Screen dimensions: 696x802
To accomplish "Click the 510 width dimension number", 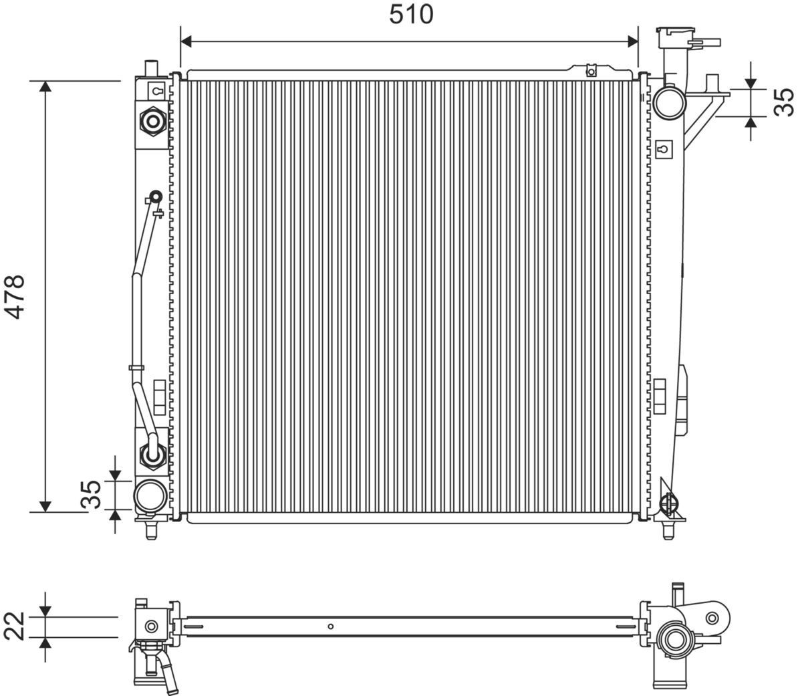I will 411,14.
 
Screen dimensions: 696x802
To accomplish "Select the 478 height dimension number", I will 15,296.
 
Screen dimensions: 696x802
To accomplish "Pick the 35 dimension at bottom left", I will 92,495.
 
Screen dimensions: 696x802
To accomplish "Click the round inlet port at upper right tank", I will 669,102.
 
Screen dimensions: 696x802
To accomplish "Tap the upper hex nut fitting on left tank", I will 153,121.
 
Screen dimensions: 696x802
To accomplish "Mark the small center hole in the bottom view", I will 330,626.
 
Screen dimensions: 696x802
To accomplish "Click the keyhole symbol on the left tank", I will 156,91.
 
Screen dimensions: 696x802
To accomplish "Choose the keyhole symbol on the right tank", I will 663,148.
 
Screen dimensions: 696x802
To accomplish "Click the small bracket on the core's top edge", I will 590,70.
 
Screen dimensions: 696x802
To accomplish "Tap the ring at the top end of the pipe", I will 155,197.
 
